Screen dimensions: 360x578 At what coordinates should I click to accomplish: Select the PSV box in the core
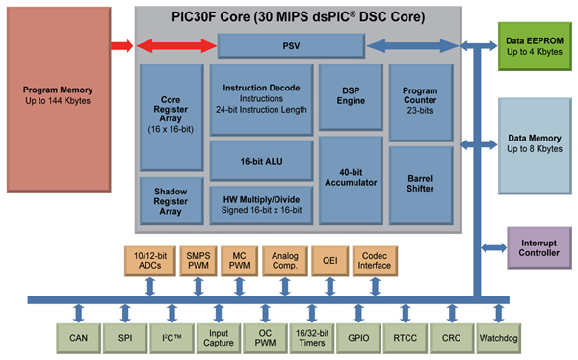[290, 44]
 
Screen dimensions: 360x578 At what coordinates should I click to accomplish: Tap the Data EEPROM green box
[534, 45]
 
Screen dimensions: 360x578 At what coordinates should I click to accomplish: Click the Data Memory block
[534, 143]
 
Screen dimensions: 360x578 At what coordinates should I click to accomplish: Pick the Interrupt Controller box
[534, 247]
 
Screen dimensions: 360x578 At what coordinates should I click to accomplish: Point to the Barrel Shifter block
[420, 184]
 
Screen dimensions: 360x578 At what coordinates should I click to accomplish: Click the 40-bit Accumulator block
[350, 178]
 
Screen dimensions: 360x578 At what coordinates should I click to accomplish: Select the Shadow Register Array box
[171, 200]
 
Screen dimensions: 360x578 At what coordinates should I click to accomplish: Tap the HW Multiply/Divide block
[259, 200]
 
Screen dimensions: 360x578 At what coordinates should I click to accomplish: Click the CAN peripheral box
[79, 338]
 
